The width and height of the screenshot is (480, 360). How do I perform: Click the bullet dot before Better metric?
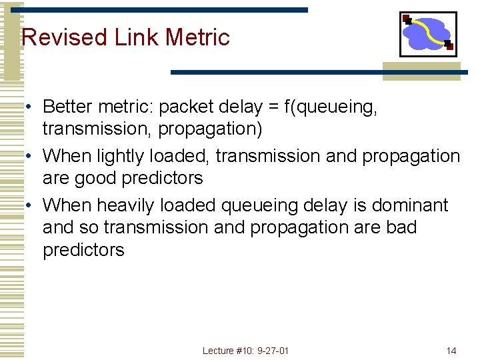pyautogui.click(x=30, y=107)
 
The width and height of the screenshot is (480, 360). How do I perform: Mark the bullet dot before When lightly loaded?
pyautogui.click(x=30, y=157)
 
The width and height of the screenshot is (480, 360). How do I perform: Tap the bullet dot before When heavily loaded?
pyautogui.click(x=30, y=205)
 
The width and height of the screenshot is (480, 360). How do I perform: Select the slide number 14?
pyautogui.click(x=451, y=351)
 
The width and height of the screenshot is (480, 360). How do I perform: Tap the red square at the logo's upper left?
pyautogui.click(x=407, y=19)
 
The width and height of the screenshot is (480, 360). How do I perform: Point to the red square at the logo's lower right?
pyautogui.click(x=449, y=46)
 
